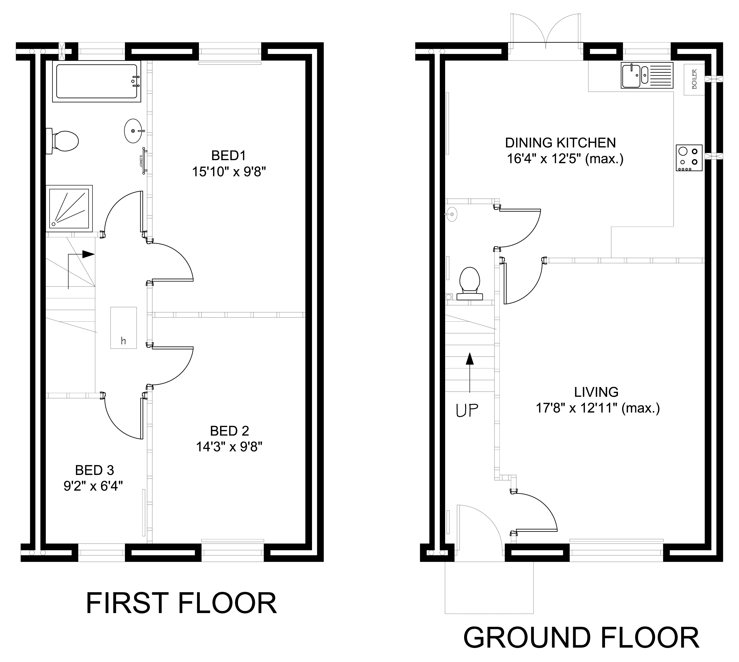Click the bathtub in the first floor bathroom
tap(96, 81)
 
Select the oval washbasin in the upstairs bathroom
tap(134, 131)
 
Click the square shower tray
tap(69, 208)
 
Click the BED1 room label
tap(229, 156)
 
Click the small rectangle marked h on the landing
tap(123, 328)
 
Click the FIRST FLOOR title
tap(181, 603)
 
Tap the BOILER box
tap(694, 79)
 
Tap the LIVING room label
tap(596, 392)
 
